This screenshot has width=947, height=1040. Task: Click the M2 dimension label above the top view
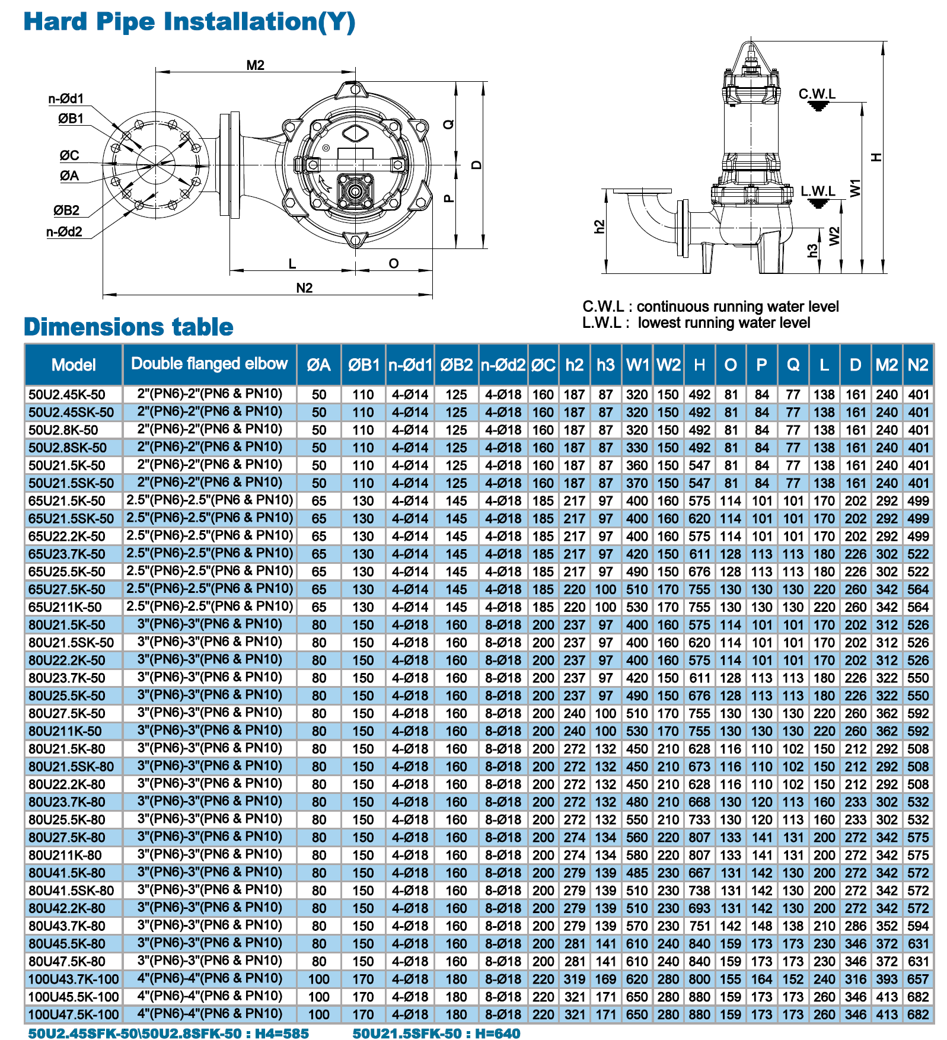(256, 65)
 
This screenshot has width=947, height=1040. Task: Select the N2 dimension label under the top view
(304, 288)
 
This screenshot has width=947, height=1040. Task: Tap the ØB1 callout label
(71, 119)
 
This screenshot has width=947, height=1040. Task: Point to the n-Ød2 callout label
(65, 232)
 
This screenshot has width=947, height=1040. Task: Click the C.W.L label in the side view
(817, 94)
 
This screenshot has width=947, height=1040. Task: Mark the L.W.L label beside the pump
(818, 191)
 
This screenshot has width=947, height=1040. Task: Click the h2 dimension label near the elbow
(600, 226)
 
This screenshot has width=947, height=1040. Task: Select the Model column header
(74, 365)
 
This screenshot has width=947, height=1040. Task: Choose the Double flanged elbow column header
(209, 363)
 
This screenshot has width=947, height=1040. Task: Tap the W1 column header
(637, 365)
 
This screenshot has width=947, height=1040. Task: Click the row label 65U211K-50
(65, 607)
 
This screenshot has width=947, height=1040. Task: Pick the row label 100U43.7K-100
(74, 980)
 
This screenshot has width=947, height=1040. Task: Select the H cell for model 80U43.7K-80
(699, 926)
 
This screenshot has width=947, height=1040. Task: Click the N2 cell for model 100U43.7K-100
(918, 980)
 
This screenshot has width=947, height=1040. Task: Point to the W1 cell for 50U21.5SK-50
(637, 483)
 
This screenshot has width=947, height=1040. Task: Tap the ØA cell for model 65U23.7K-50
(319, 554)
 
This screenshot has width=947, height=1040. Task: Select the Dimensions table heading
(129, 327)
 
